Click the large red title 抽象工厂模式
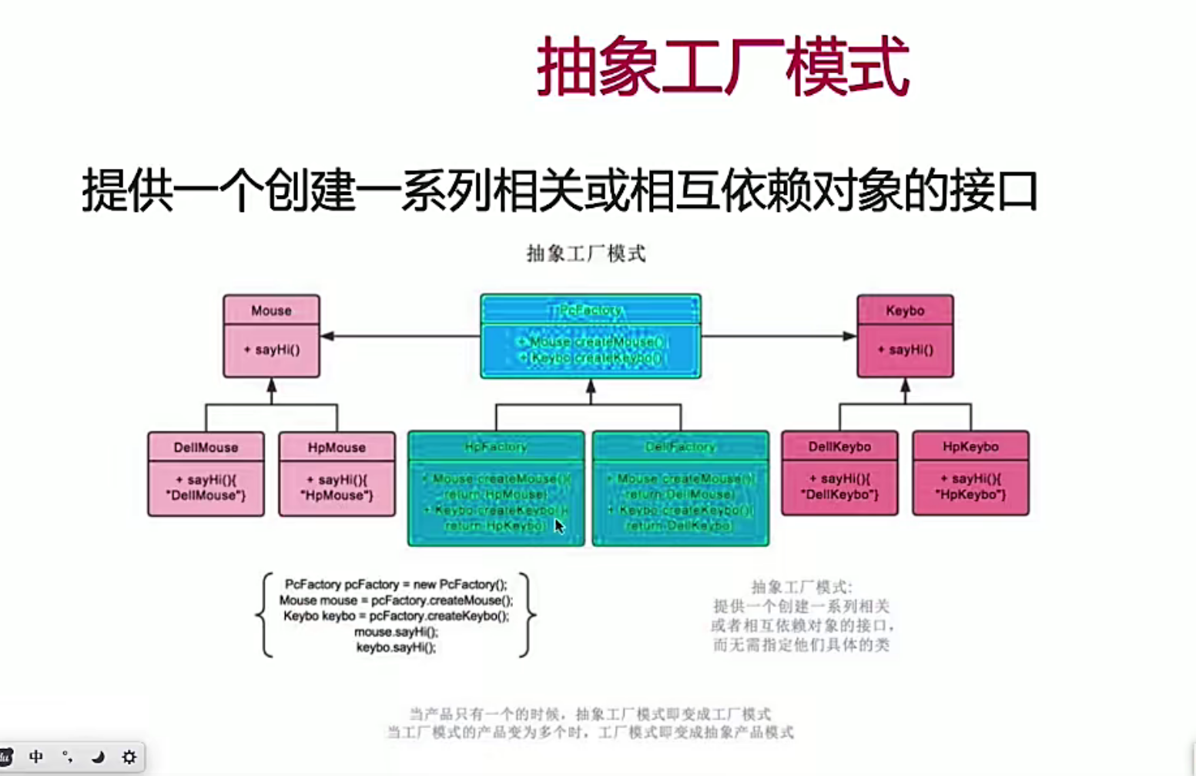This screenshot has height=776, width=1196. coord(722,68)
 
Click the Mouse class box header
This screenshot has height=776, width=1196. coord(271,311)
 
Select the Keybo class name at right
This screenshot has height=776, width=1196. coord(905,311)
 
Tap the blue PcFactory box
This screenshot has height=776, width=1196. coord(591,336)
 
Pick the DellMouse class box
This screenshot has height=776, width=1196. coord(206,473)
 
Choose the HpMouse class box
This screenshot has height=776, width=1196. coord(337,473)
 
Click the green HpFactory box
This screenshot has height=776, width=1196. coord(496,488)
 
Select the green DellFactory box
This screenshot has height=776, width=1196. coord(681,488)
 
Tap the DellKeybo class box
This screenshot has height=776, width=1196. coord(839,472)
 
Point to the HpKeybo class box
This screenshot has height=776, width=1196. coord(970,472)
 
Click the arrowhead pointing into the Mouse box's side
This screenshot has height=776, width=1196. coord(327,336)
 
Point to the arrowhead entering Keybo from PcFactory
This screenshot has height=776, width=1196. coord(849,336)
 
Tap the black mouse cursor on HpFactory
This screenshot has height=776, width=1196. coord(559,526)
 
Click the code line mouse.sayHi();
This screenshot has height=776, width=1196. coord(396,632)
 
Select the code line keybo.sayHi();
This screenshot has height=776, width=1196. coord(396,647)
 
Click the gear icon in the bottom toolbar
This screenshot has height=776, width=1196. coord(129,757)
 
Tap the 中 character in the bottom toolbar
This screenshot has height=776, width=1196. coord(35,757)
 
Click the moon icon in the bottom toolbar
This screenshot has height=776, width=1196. coord(98,757)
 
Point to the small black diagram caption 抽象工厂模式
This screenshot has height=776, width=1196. coord(586,254)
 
